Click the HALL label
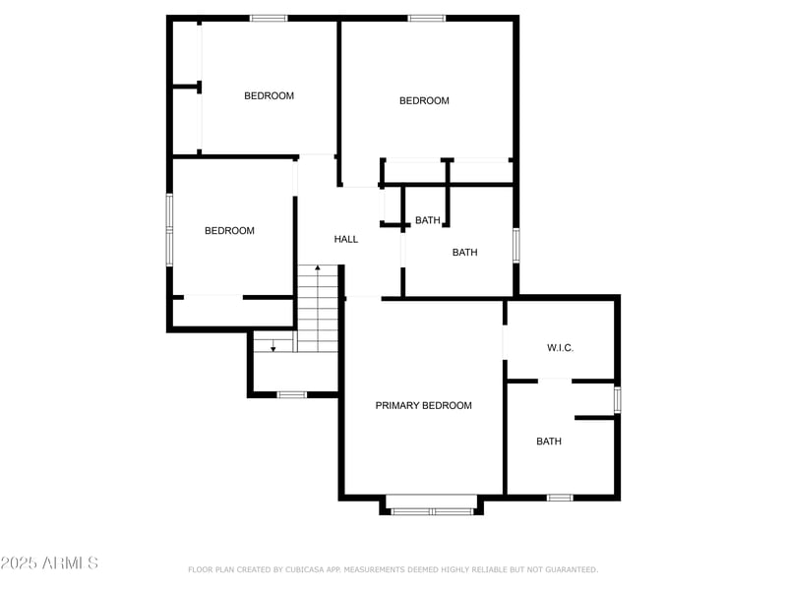coord(346,239)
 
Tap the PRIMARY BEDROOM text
coord(423,405)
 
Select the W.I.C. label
coord(560,348)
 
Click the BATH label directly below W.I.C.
coord(549,442)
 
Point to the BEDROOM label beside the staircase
coord(229,231)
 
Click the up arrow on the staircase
coord(317,268)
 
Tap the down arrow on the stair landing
coord(273,346)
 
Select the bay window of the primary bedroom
coord(432,510)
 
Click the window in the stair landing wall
coord(292,394)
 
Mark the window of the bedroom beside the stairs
coord(169,229)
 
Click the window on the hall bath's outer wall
coord(515,245)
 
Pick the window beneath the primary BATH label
coord(560,498)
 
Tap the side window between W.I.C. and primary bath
coord(618,399)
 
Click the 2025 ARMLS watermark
coord(49,563)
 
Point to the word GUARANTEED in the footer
coord(568,569)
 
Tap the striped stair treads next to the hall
coord(318,310)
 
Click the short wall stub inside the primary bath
coord(595,418)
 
